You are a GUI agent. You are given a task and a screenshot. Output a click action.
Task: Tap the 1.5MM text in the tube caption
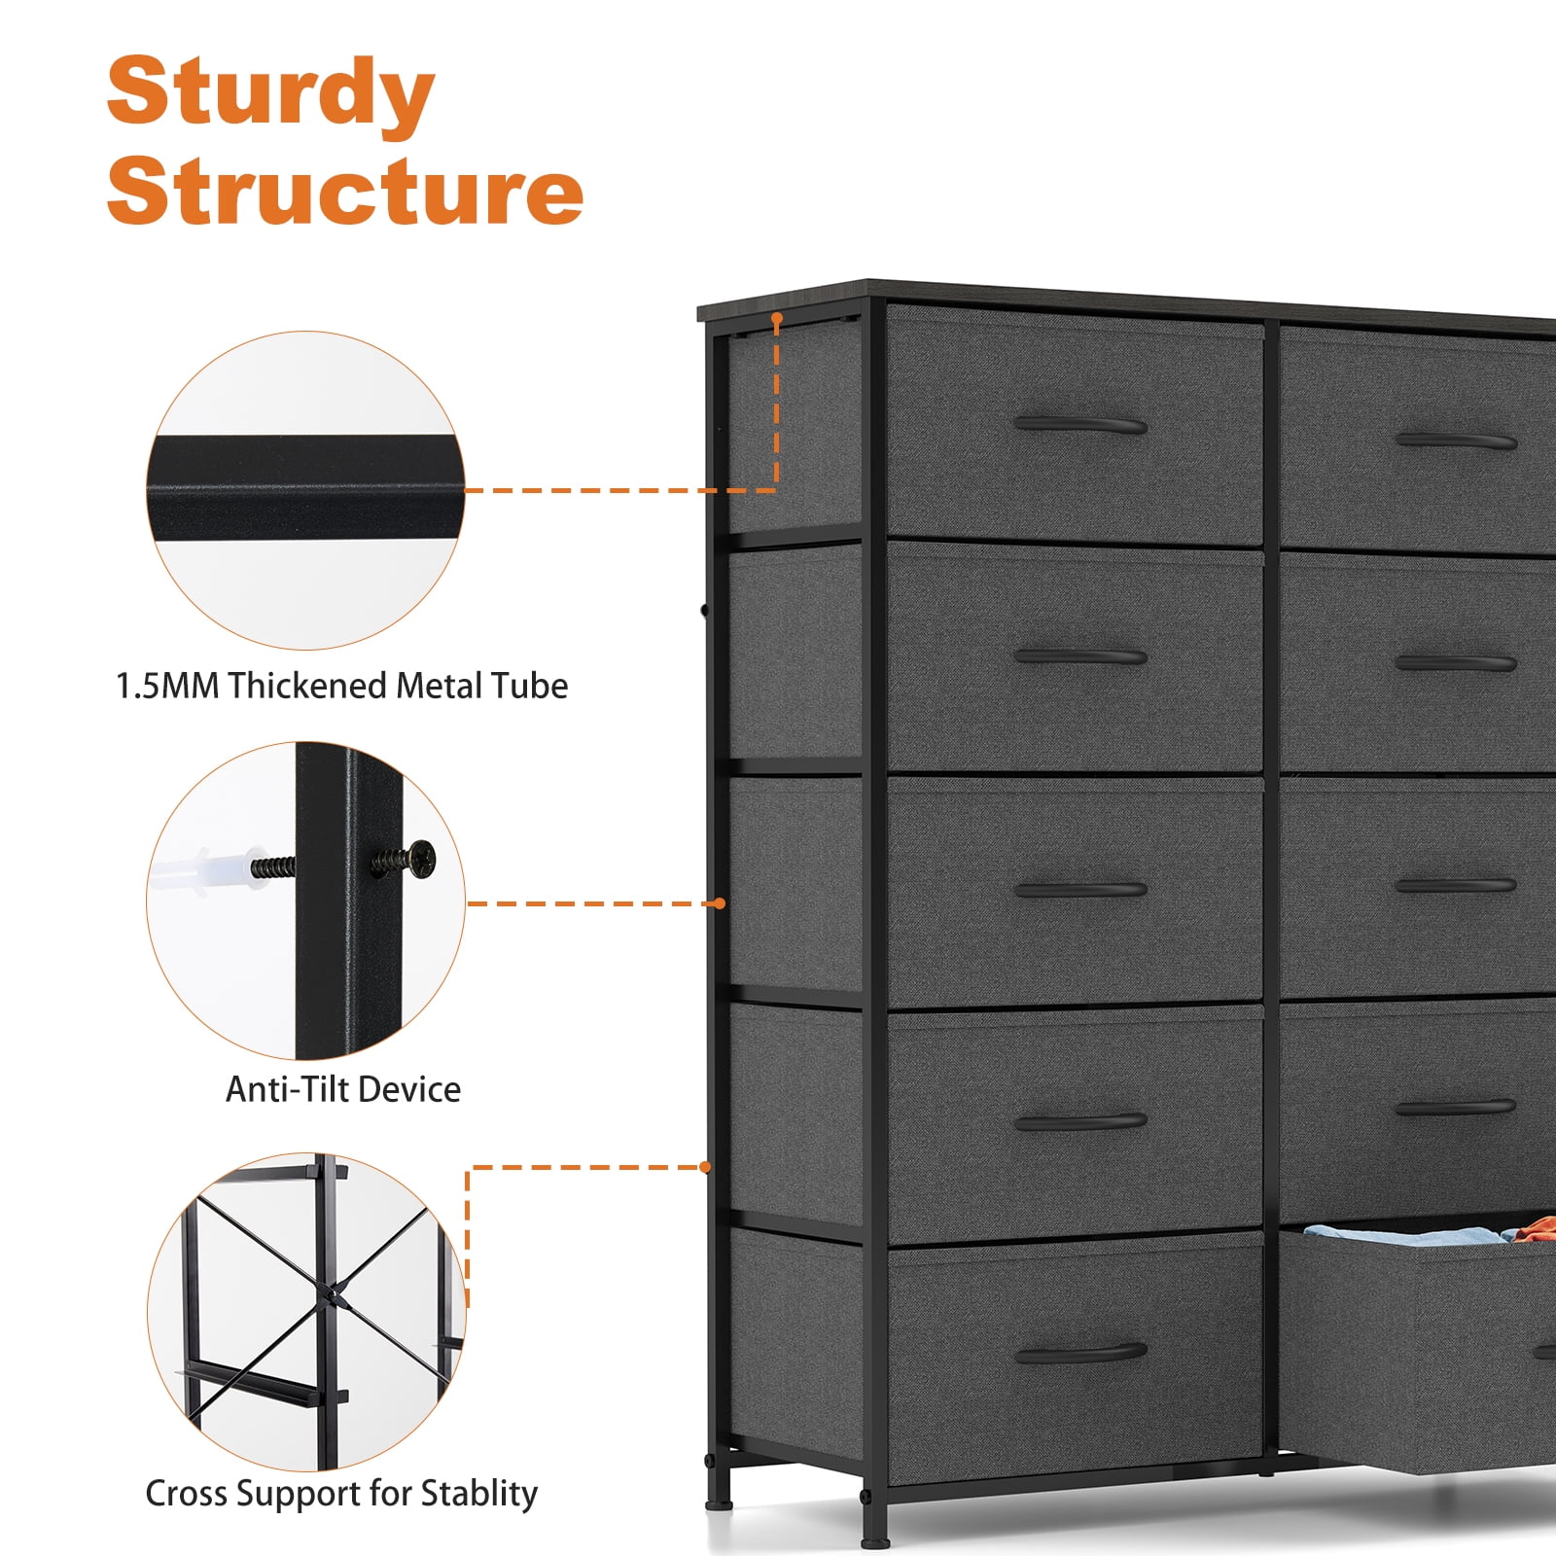166,686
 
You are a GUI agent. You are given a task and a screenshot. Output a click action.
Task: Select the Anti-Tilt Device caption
343,1089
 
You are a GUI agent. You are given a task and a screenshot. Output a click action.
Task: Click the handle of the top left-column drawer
1080,425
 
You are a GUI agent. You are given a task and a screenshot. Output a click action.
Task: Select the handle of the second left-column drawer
1080,656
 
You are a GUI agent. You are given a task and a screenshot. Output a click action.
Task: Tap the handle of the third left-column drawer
1080,889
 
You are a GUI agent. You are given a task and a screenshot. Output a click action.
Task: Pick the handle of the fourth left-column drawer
1080,1121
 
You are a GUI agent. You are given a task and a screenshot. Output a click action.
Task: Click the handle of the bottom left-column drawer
1080,1353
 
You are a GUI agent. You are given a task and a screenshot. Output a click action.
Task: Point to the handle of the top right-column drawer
1456,441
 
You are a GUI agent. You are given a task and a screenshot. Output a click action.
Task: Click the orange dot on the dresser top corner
777,318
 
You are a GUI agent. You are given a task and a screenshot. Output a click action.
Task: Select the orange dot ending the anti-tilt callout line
720,903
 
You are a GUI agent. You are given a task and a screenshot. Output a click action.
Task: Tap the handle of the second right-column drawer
1456,663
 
